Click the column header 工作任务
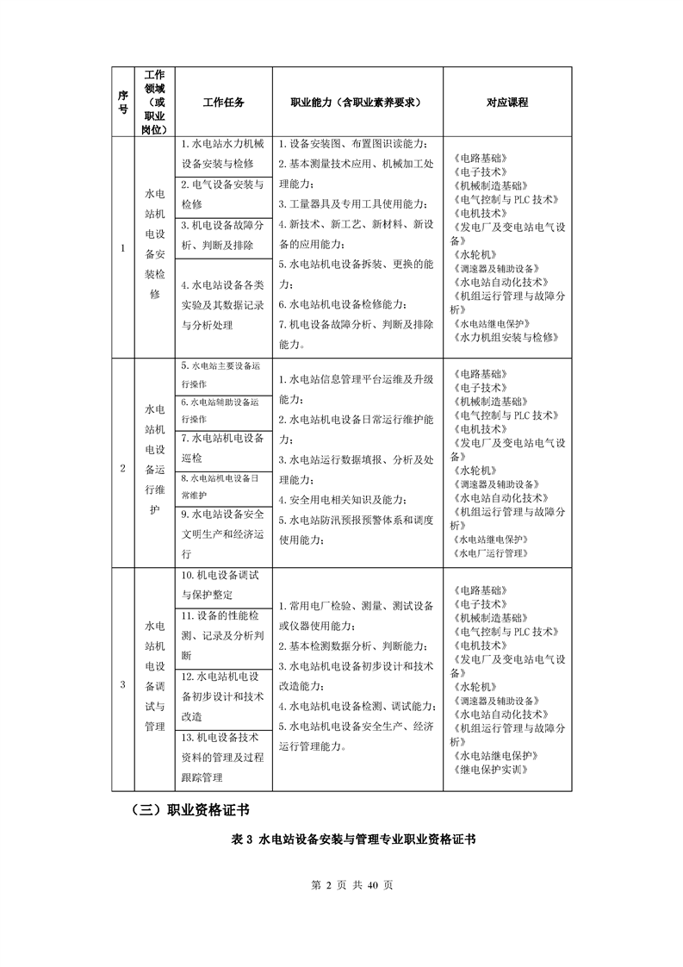pyautogui.click(x=224, y=103)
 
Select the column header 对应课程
pyautogui.click(x=506, y=103)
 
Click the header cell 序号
pyautogui.click(x=121, y=103)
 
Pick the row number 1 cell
pyautogui.click(x=121, y=249)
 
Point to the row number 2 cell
pyautogui.click(x=121, y=469)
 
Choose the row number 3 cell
pyautogui.click(x=121, y=684)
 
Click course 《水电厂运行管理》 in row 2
pyautogui.click(x=494, y=552)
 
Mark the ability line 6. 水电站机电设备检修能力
pyautogui.click(x=345, y=304)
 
